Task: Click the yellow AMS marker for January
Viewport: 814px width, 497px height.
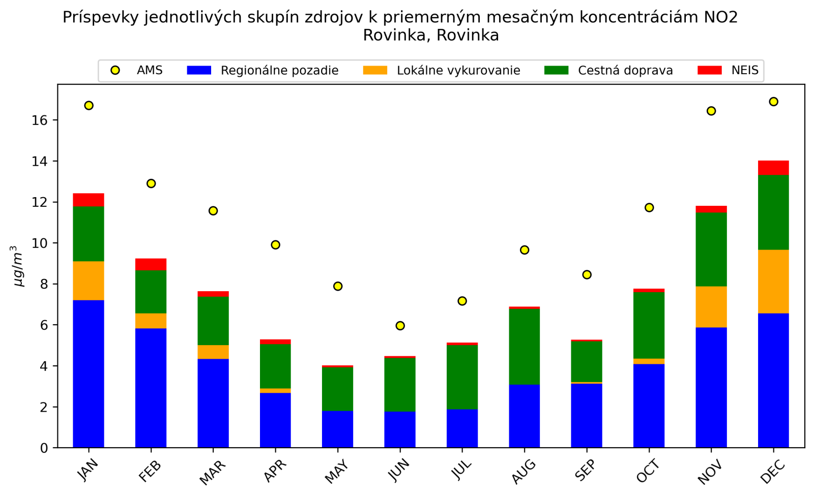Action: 89,106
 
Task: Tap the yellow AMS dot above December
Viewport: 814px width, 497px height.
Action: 773,102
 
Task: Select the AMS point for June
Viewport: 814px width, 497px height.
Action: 400,326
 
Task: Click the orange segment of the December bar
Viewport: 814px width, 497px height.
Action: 773,282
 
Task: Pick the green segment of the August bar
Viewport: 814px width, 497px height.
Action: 524,347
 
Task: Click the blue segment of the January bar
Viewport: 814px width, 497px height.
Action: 89,374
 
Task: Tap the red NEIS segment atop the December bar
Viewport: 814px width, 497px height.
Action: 773,168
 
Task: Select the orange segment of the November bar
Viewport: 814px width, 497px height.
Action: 711,307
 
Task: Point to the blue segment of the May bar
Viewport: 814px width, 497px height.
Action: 337,429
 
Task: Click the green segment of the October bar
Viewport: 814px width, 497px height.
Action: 649,325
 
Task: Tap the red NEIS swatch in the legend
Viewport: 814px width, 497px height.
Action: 709,70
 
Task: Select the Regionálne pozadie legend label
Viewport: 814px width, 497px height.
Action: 279,71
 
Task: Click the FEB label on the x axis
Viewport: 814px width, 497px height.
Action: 149,471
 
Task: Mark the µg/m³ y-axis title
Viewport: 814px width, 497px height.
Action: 18,266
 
